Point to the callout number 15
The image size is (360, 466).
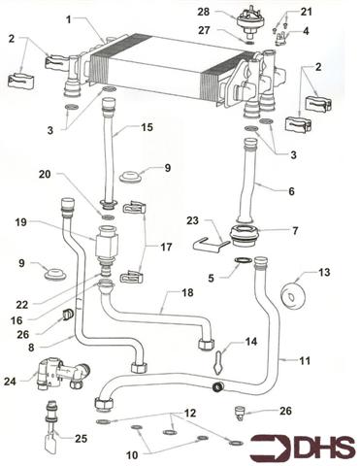147,127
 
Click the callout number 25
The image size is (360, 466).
81,439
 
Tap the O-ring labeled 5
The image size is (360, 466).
243,261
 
